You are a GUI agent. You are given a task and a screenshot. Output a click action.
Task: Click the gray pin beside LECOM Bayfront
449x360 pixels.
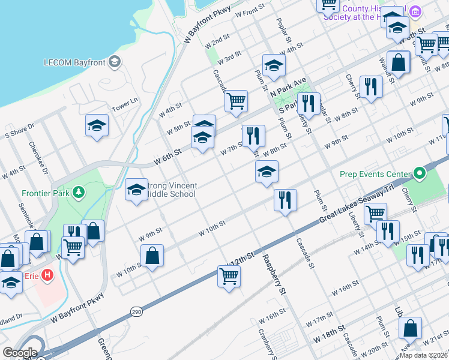pyautogui.click(x=115, y=62)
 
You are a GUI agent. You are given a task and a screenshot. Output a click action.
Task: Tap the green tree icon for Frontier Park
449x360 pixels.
pyautogui.click(x=77, y=193)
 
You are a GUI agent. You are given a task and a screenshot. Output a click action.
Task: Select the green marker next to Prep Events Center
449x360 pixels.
pyautogui.click(x=420, y=175)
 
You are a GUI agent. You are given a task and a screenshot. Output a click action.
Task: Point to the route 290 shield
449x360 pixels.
pyautogui.click(x=137, y=312)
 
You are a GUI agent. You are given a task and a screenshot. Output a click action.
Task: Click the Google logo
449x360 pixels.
pyautogui.click(x=20, y=353)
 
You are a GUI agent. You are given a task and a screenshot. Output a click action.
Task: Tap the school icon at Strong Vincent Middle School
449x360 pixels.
pyautogui.click(x=137, y=190)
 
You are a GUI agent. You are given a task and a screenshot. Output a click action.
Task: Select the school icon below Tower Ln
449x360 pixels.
pyautogui.click(x=97, y=125)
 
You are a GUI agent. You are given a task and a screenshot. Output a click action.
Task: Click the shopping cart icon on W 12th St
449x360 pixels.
pyautogui.click(x=229, y=276)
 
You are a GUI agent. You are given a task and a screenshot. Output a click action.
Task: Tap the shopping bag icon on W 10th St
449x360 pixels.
pyautogui.click(x=153, y=255)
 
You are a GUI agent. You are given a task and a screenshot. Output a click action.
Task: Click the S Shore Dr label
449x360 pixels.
pyautogui.click(x=20, y=131)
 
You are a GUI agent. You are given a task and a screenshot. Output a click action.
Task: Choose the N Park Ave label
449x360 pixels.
pyautogui.click(x=289, y=87)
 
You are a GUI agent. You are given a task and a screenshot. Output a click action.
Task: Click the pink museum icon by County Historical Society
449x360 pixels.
pyautogui.click(x=415, y=11)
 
